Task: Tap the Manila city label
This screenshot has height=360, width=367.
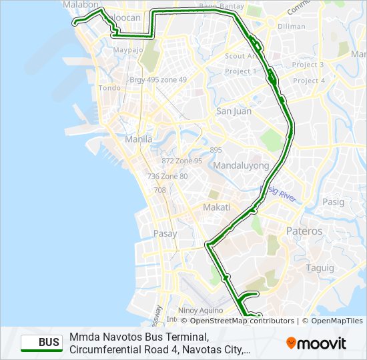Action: pyautogui.click(x=139, y=139)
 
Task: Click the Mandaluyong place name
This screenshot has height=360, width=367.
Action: pyautogui.click(x=241, y=165)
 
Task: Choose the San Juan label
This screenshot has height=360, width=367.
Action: pyautogui.click(x=234, y=111)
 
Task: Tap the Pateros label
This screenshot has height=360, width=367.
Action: pyautogui.click(x=304, y=231)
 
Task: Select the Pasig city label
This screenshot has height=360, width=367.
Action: pyautogui.click(x=333, y=201)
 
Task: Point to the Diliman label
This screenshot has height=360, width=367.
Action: pyautogui.click(x=291, y=27)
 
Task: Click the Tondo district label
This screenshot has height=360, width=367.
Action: pyautogui.click(x=109, y=87)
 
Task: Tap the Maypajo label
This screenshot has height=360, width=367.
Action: pyautogui.click(x=128, y=50)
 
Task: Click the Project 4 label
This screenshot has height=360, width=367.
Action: pyautogui.click(x=309, y=81)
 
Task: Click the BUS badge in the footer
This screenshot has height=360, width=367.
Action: pyautogui.click(x=41, y=343)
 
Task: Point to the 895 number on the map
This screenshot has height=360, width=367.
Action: pyautogui.click(x=216, y=150)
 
